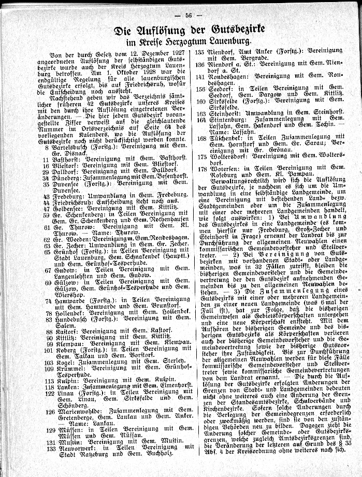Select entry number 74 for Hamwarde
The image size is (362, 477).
[x=46, y=299]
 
